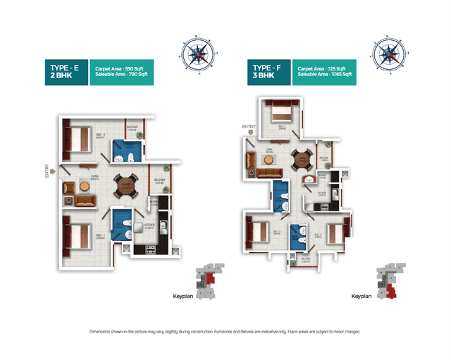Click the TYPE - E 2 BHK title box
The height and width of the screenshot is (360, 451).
click(64, 72)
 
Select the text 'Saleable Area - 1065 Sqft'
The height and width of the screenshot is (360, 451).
click(325, 75)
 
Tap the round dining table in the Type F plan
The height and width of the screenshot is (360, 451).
click(302, 159)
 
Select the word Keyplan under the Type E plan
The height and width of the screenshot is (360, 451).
click(183, 296)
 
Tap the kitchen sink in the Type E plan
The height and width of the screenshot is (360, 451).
click(163, 226)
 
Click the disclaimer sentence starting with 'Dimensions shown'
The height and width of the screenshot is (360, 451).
click(225, 331)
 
